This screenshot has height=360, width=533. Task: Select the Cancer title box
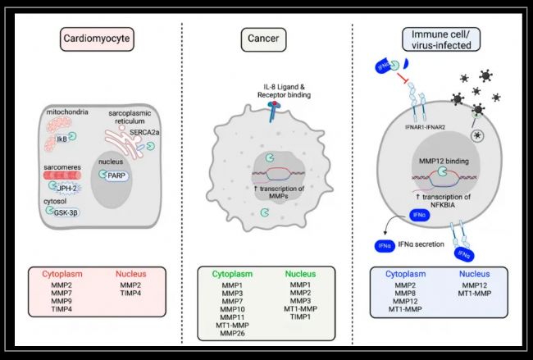[x=266, y=39]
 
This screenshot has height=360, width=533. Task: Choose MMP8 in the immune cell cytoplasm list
[x=403, y=294]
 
